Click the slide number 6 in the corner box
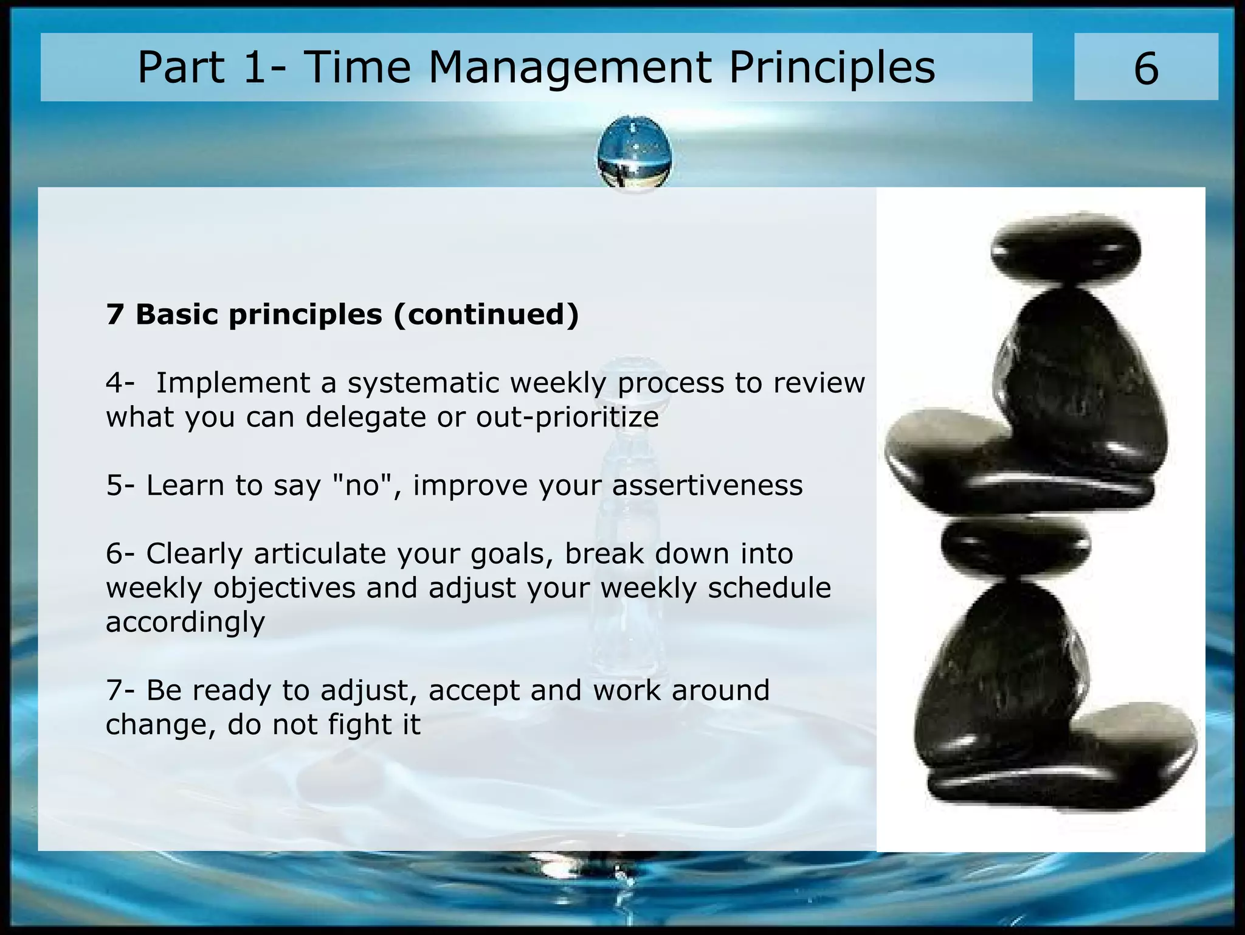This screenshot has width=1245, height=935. coord(1146,69)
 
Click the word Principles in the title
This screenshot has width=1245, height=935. coord(832,67)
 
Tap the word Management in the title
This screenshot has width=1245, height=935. coord(570,67)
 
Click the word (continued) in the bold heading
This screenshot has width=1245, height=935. coord(486,315)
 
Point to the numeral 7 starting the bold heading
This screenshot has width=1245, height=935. coord(114,315)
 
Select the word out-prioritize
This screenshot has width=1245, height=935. coord(567,418)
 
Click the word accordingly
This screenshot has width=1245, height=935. coord(185,622)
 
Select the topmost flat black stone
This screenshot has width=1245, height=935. coord(1065,249)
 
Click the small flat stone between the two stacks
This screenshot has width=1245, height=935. coord(1015,546)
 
